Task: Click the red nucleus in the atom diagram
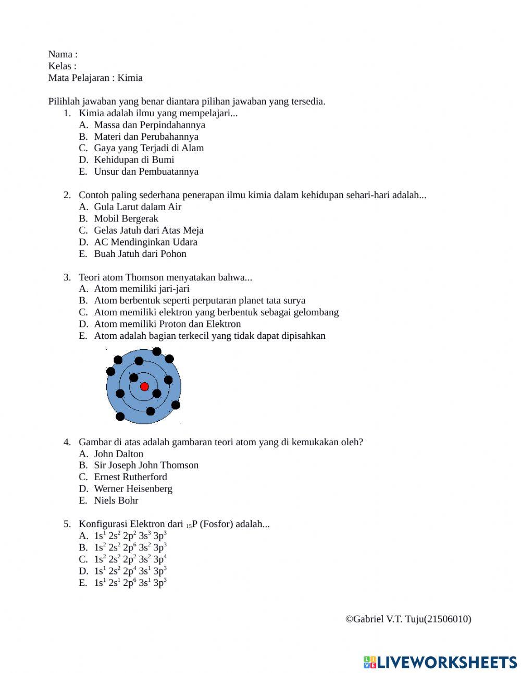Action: pos(144,386)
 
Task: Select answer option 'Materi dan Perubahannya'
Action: pos(146,137)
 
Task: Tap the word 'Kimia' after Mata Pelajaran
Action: pos(130,78)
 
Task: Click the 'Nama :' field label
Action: pos(63,54)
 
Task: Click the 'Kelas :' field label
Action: pos(62,66)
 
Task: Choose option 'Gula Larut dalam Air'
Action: pos(138,207)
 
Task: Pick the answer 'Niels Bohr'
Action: pos(116,500)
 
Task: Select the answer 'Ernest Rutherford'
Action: pos(130,477)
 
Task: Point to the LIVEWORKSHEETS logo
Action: pos(440,662)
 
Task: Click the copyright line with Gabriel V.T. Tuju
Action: pos(408,619)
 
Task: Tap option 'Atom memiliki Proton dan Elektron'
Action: pos(167,324)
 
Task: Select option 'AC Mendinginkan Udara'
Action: pos(145,242)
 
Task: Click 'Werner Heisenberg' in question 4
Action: pos(133,488)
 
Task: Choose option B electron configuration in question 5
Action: pos(130,547)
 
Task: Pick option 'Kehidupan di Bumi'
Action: pos(134,160)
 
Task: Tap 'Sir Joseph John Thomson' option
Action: pos(146,465)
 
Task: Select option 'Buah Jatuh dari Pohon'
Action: pos(140,254)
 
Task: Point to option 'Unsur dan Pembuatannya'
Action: pos(146,172)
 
